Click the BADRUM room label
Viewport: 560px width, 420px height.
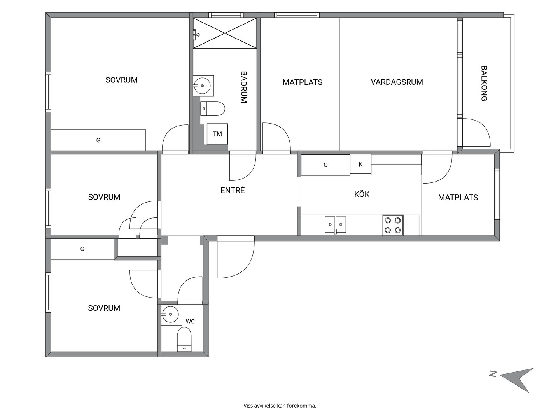[x=244, y=87]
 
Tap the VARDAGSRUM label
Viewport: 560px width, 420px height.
[x=397, y=82]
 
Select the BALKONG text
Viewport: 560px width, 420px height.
[x=484, y=83]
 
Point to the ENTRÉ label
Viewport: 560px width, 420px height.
[x=233, y=190]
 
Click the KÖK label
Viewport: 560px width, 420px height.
[x=362, y=194]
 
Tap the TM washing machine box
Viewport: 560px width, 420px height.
[x=217, y=134]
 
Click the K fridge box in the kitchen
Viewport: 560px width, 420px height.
[x=360, y=164]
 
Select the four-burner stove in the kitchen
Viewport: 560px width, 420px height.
[x=393, y=225]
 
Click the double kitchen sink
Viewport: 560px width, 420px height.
[x=335, y=225]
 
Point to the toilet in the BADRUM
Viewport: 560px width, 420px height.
[x=212, y=109]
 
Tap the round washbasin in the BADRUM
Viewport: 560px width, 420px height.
[x=202, y=86]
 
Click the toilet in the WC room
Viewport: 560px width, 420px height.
[x=184, y=339]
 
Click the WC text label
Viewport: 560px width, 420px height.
[x=190, y=321]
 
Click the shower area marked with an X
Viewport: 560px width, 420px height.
[x=225, y=33]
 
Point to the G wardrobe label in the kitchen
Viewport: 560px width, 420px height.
[x=325, y=165]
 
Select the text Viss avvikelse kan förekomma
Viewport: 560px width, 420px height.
[x=280, y=406]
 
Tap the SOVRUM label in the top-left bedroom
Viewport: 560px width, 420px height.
[x=121, y=80]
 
